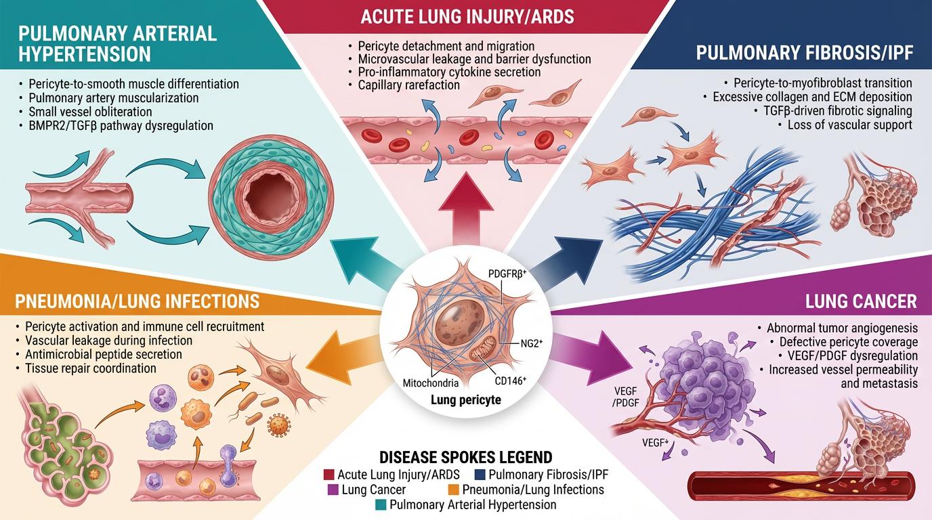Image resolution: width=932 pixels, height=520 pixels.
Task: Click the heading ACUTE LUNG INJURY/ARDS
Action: (467, 17)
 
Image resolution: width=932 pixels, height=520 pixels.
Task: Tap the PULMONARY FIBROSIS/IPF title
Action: (805, 53)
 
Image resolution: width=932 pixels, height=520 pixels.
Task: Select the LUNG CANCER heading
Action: (861, 301)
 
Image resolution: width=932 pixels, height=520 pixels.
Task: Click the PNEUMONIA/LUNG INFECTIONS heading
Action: (137, 301)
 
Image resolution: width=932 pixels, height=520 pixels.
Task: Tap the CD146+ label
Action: (511, 380)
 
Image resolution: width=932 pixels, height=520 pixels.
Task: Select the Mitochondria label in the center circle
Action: (431, 383)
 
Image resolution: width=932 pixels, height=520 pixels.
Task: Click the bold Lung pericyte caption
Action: (465, 400)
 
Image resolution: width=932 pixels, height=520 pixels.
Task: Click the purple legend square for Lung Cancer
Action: (333, 490)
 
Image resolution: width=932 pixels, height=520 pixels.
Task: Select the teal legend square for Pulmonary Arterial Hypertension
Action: (381, 505)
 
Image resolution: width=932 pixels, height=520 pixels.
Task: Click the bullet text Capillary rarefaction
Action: (408, 85)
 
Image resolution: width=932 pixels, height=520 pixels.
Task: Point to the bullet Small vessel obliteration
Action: (90, 112)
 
